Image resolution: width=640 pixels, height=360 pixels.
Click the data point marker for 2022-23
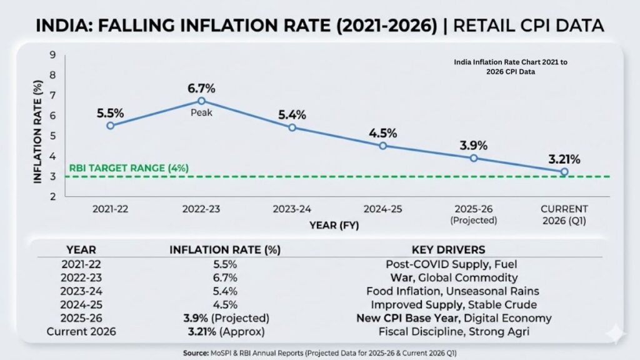[x=201, y=101]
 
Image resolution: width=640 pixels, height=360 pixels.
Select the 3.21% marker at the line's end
[x=564, y=171]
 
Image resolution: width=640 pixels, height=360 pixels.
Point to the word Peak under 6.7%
[x=201, y=113]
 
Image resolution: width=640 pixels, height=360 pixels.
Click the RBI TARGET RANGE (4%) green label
[x=128, y=168]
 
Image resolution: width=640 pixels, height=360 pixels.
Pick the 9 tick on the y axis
[x=53, y=55]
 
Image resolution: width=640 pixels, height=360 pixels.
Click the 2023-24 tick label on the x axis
[x=292, y=209]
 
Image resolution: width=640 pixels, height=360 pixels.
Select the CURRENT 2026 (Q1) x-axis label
[x=564, y=214]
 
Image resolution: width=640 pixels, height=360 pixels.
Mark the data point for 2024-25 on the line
[x=383, y=146]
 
